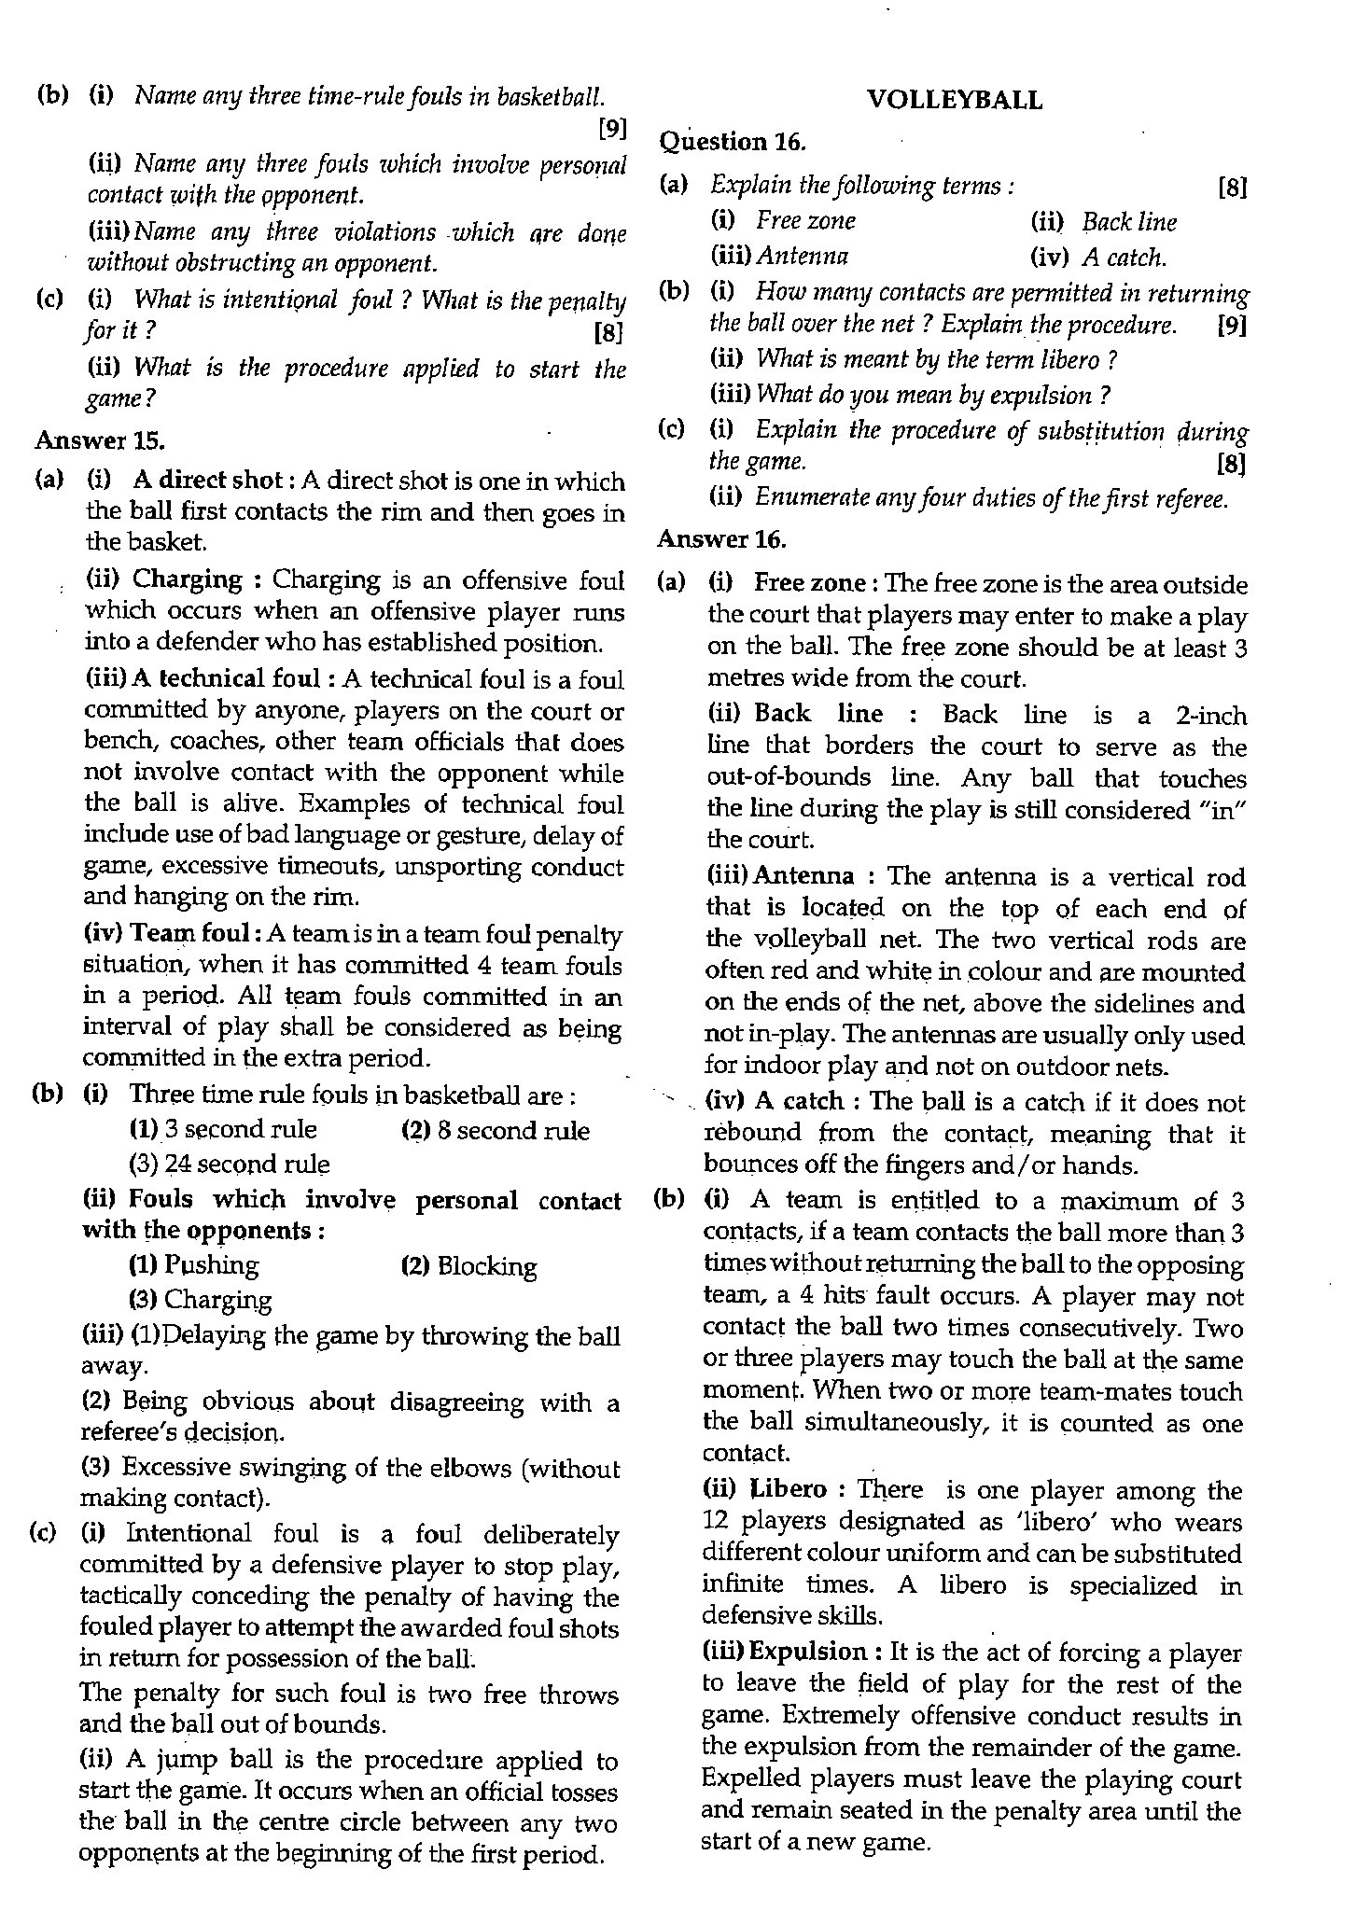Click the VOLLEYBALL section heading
[x=954, y=100]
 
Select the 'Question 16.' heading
[x=732, y=142]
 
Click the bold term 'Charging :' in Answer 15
[x=197, y=580]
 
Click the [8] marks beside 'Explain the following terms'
[x=1233, y=188]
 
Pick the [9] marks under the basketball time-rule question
[x=611, y=129]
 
